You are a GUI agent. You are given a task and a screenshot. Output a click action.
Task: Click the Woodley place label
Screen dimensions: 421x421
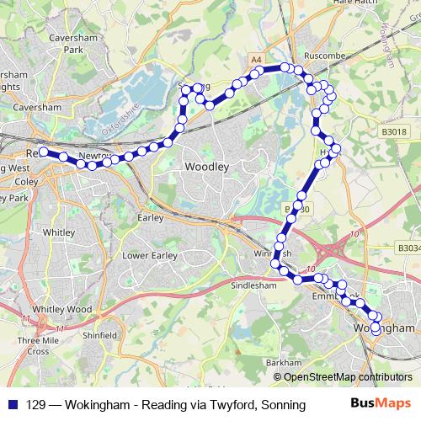pyautogui.click(x=206, y=168)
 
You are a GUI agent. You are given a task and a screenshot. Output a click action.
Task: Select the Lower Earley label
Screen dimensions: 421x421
pyautogui.click(x=147, y=255)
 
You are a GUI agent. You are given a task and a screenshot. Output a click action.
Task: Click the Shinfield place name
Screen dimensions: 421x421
pyautogui.click(x=100, y=335)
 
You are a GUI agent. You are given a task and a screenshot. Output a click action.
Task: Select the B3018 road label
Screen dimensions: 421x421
pyautogui.click(x=392, y=131)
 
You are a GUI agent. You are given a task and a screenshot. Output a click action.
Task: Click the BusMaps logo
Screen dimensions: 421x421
pyautogui.click(x=381, y=405)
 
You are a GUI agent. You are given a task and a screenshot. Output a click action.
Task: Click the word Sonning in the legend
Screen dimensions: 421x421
pyautogui.click(x=283, y=405)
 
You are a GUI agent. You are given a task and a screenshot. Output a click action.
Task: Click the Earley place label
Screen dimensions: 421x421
pyautogui.click(x=149, y=216)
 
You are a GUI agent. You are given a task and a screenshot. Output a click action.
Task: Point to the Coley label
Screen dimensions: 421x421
pyautogui.click(x=25, y=181)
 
